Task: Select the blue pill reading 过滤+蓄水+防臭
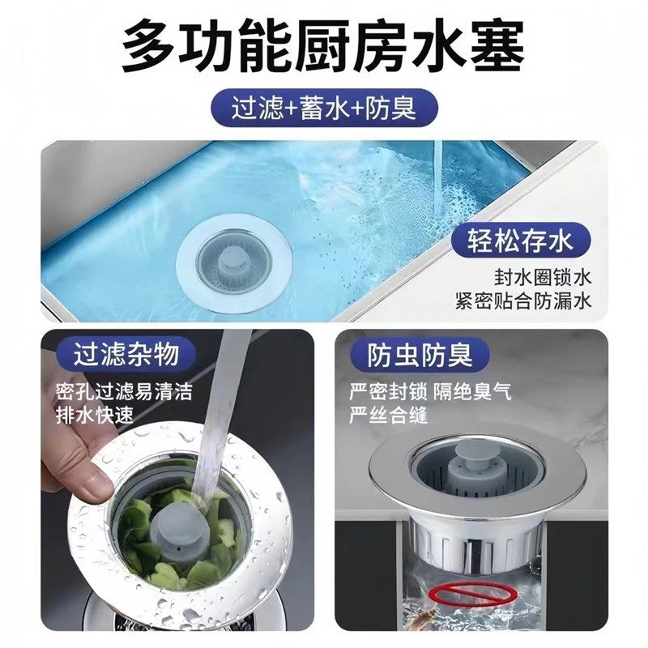point(323,109)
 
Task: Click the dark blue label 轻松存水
point(520,240)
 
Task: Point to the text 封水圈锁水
point(544,277)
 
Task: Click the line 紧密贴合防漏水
point(524,302)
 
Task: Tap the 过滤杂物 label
point(125,354)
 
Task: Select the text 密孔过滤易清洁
point(124,393)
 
